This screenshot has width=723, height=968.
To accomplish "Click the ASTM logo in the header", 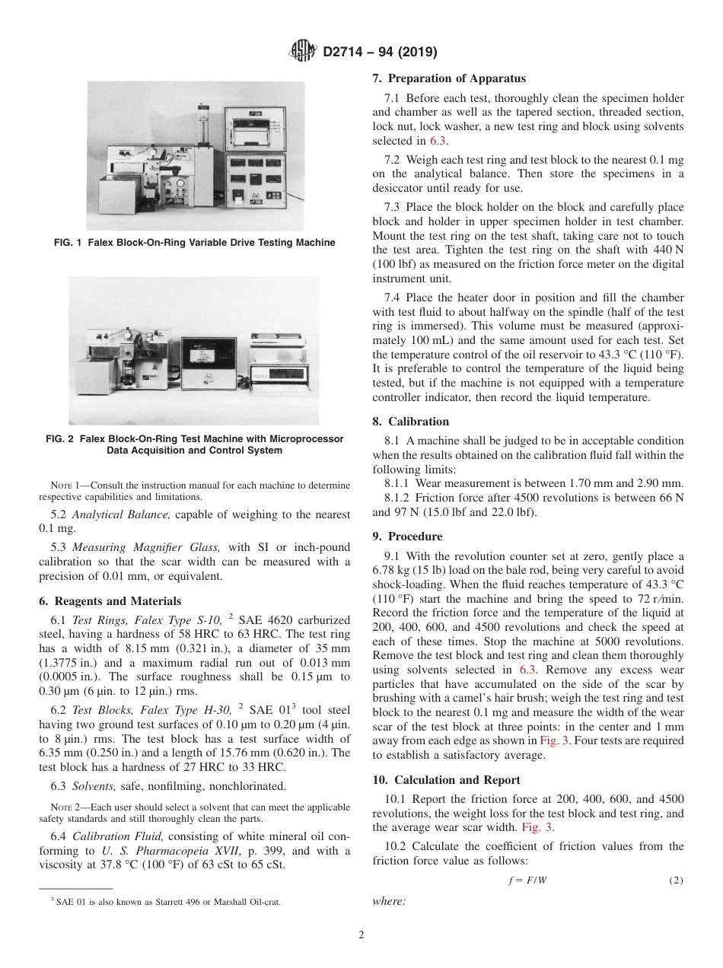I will point(303,53).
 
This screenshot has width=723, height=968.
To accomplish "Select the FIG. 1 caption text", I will point(211,243).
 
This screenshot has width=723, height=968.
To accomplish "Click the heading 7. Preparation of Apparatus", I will point(448,78).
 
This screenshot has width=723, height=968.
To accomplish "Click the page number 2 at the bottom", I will point(361,935).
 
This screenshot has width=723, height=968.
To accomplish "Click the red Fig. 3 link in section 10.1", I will point(537,827).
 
